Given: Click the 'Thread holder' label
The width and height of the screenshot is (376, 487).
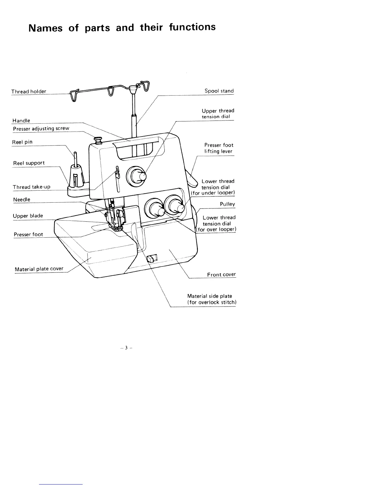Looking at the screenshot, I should (x=29, y=91).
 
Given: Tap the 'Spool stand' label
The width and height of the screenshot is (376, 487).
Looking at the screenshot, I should (x=219, y=91).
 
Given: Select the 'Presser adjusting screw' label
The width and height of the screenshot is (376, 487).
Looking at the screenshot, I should (x=41, y=129).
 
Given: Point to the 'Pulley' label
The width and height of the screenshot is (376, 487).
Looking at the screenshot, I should (x=227, y=204).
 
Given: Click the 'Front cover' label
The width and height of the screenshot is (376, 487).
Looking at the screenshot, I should (x=221, y=275).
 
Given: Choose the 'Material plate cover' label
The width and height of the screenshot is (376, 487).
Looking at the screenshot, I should (x=39, y=269).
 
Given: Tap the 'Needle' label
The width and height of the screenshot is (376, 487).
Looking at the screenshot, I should (x=22, y=200).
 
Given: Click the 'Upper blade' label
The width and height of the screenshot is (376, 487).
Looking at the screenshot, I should (x=28, y=216).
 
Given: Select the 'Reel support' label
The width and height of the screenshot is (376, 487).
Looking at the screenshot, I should (x=29, y=163).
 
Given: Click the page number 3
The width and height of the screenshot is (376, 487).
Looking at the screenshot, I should (x=126, y=348).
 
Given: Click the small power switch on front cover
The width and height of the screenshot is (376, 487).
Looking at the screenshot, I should (x=151, y=258).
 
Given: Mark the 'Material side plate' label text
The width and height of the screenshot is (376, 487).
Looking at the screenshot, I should (x=210, y=296).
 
